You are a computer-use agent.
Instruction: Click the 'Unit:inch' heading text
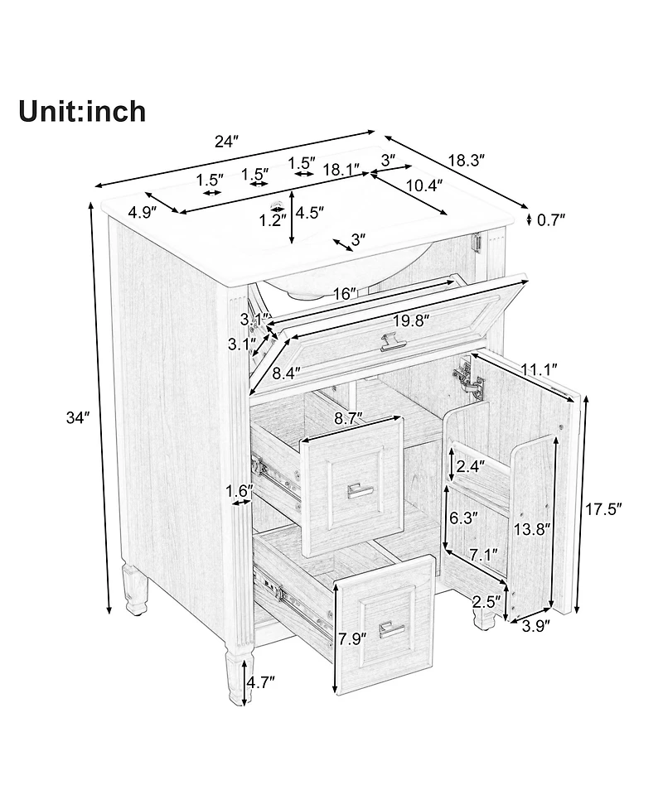(82, 111)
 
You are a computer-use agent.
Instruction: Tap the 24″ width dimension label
(226, 142)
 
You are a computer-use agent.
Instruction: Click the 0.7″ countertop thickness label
(551, 220)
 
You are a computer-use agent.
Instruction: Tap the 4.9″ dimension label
(143, 213)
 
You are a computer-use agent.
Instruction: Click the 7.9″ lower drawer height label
(352, 637)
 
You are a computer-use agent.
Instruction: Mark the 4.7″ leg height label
(260, 681)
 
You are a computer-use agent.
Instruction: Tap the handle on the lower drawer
(392, 629)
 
